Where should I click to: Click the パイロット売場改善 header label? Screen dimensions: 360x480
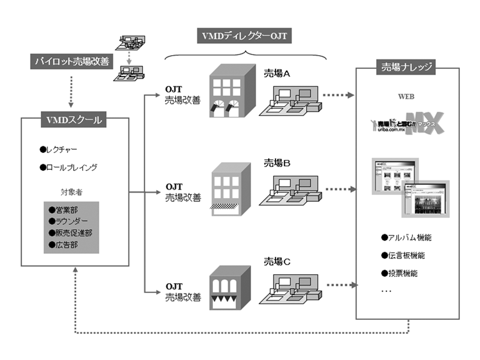pos(71,60)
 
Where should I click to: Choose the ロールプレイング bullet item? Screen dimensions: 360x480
pos(68,168)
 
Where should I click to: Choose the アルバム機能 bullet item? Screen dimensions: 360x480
pos(407,238)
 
